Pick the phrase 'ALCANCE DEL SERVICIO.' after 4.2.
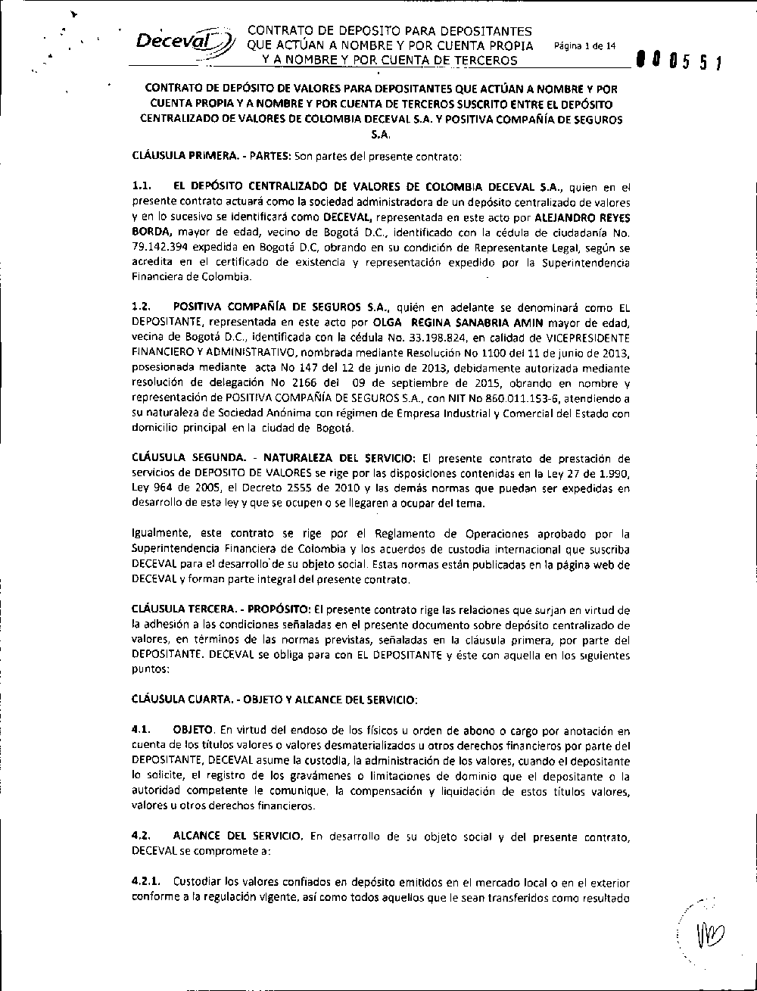[x=238, y=837]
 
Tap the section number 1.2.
[x=142, y=307]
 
